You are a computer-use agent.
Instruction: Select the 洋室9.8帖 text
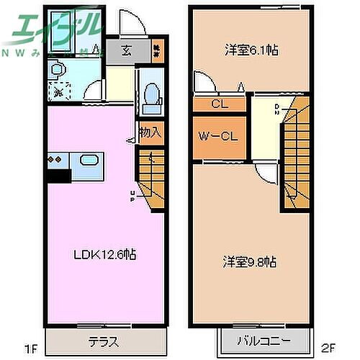click(x=249, y=262)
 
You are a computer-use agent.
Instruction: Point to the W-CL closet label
click(x=220, y=135)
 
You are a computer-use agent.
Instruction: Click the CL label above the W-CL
click(x=220, y=104)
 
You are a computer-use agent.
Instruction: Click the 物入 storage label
click(x=150, y=132)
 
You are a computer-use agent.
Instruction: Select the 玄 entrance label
click(x=126, y=51)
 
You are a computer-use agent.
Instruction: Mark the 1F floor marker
click(x=30, y=350)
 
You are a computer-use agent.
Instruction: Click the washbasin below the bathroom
click(x=57, y=70)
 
